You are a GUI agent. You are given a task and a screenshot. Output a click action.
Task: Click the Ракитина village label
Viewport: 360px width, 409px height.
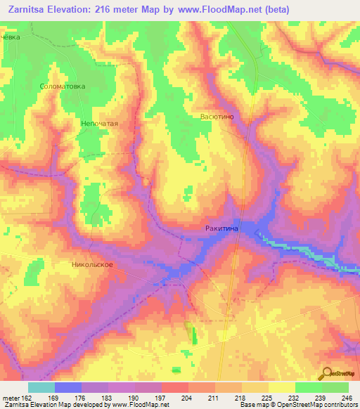(x=223, y=228)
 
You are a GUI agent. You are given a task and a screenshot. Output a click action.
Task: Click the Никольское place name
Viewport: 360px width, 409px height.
(x=92, y=266)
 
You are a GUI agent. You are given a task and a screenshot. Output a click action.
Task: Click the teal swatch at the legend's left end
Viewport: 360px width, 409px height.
(x=41, y=387)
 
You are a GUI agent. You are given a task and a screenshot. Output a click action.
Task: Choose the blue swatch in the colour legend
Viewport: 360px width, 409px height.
(x=67, y=387)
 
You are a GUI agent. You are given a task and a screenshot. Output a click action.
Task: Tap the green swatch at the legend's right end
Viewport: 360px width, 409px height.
(x=335, y=387)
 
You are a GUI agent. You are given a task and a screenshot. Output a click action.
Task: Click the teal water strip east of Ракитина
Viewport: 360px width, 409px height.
(x=309, y=253)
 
